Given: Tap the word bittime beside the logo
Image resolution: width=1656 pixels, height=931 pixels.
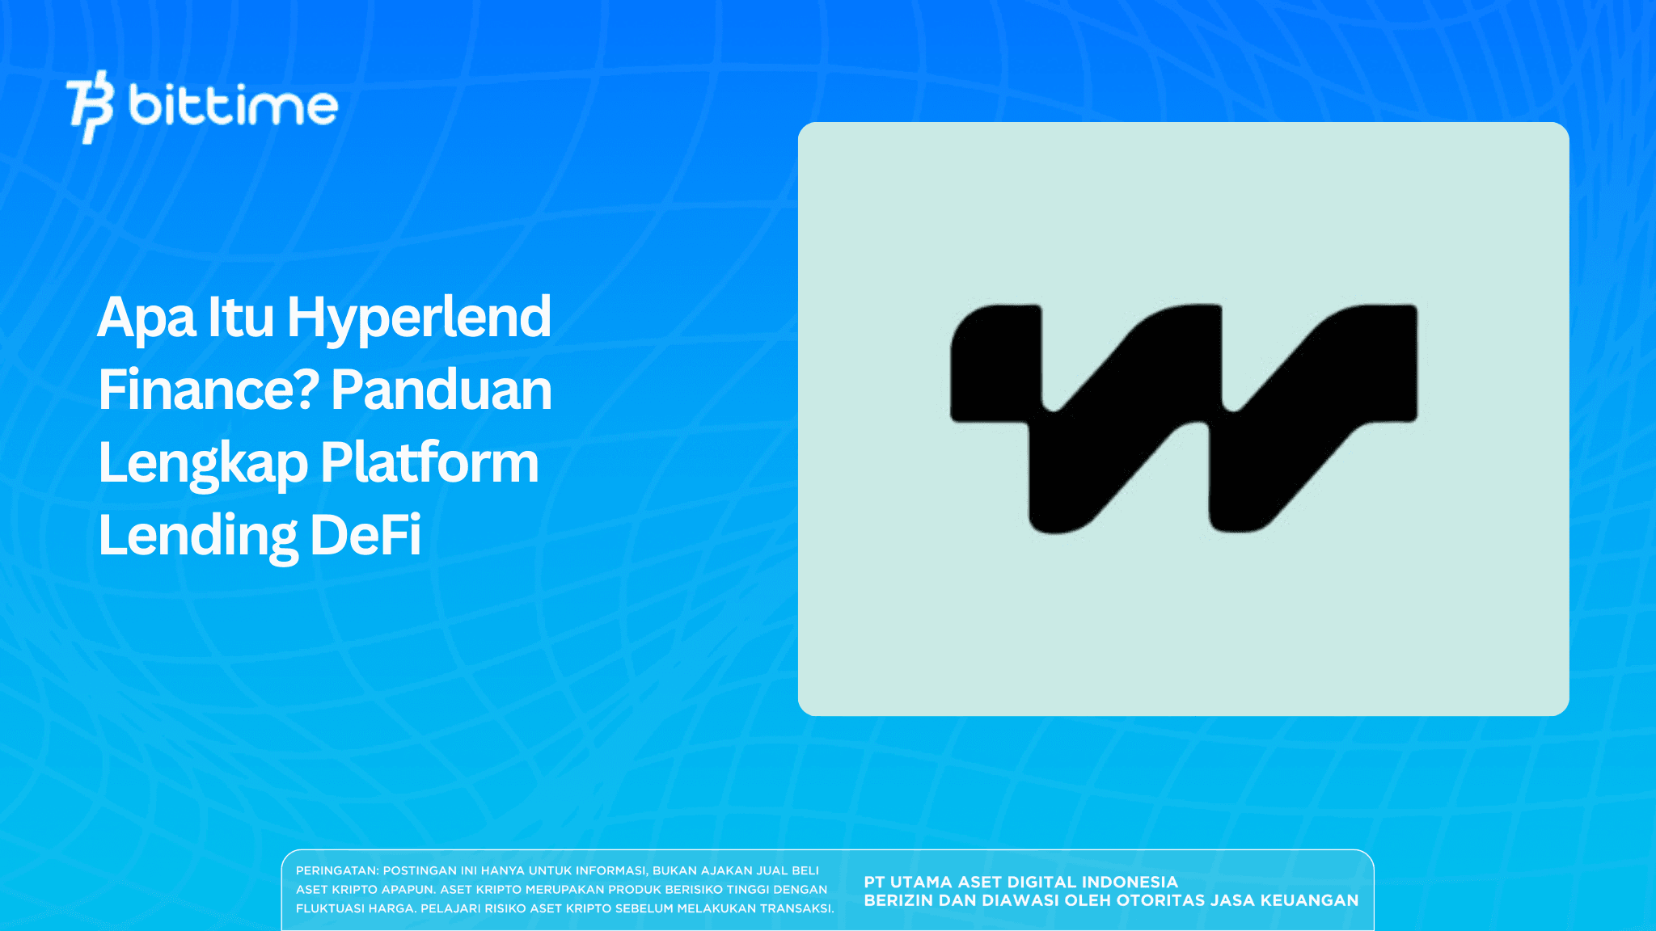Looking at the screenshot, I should (x=233, y=105).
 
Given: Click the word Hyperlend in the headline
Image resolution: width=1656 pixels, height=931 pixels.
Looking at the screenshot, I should (x=419, y=317).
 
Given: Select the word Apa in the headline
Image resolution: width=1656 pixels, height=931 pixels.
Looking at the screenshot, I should (x=146, y=317).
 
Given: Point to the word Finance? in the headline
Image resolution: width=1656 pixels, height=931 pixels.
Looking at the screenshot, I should (x=209, y=390).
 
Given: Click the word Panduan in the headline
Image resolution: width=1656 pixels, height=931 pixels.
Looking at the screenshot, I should (x=441, y=390).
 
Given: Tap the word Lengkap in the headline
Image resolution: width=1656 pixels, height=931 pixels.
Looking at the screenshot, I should (x=203, y=464).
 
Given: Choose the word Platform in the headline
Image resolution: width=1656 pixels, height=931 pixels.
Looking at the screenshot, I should (x=429, y=462).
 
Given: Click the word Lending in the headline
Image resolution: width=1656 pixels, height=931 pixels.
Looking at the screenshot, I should (x=198, y=536).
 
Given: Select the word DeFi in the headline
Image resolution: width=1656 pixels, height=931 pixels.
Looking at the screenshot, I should (x=365, y=535).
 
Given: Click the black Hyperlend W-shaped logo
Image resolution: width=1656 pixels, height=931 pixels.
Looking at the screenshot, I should (x=1183, y=418).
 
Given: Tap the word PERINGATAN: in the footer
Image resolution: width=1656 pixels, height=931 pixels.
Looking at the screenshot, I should (x=337, y=870).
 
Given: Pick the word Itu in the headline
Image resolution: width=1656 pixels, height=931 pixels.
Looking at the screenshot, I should (x=241, y=317).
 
